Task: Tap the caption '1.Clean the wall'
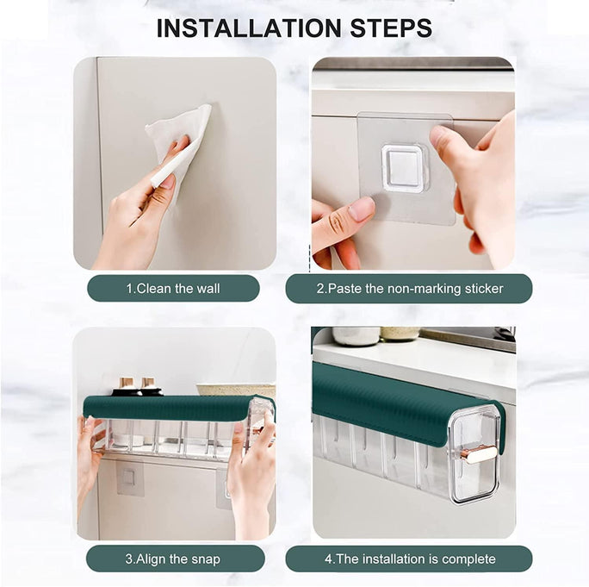click(x=173, y=288)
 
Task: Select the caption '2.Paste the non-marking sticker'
click(x=409, y=288)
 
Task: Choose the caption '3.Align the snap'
click(x=173, y=559)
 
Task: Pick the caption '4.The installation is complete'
click(x=409, y=559)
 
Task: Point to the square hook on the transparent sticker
click(x=404, y=167)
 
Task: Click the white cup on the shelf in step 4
click(x=355, y=335)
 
